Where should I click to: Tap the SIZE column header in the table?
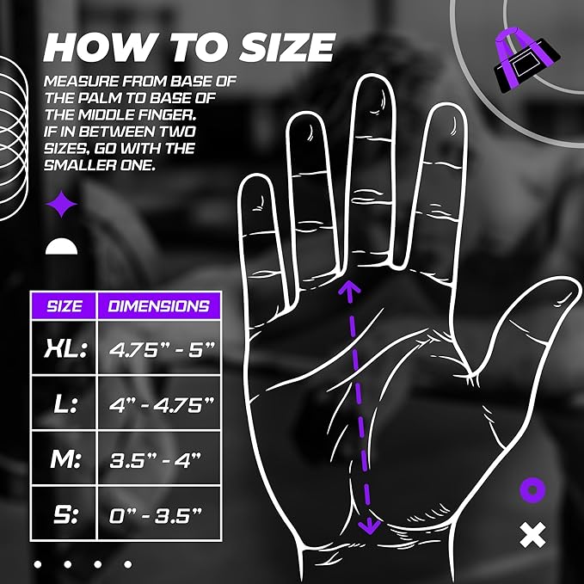click(x=65, y=305)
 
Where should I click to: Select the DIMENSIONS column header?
click(x=158, y=305)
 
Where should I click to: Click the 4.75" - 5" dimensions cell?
click(x=157, y=348)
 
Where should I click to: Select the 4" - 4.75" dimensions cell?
click(x=157, y=404)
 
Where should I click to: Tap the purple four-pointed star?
click(x=62, y=205)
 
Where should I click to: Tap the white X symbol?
click(x=533, y=536)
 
